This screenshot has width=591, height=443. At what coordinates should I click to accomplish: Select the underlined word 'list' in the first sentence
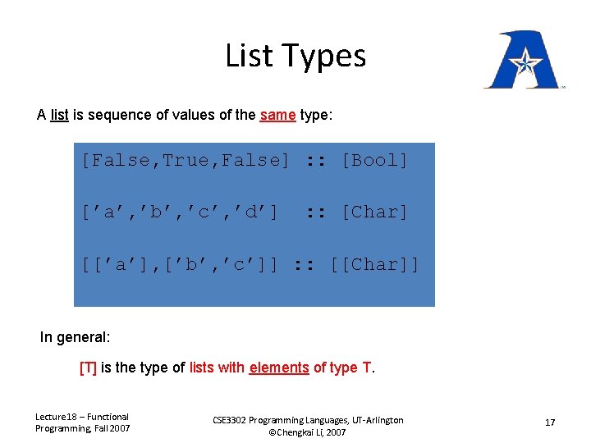coord(59,115)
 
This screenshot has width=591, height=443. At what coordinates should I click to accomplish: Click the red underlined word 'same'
coord(277,115)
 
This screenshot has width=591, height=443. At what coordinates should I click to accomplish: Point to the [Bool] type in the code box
coord(374,161)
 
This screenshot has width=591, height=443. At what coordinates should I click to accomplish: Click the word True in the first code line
coord(186,161)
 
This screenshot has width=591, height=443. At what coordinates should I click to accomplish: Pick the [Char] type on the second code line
coord(374,212)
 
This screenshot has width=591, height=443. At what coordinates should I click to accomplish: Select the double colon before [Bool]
coord(316,161)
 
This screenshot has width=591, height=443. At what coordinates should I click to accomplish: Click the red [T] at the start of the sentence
coord(88,368)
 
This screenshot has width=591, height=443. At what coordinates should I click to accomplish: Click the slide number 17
coord(550,422)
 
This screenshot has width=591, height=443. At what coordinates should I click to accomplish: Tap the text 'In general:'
coord(74,337)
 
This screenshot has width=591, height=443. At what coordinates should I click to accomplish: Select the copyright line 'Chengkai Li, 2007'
coord(313,432)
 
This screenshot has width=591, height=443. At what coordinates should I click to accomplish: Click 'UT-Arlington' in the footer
coord(373,420)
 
